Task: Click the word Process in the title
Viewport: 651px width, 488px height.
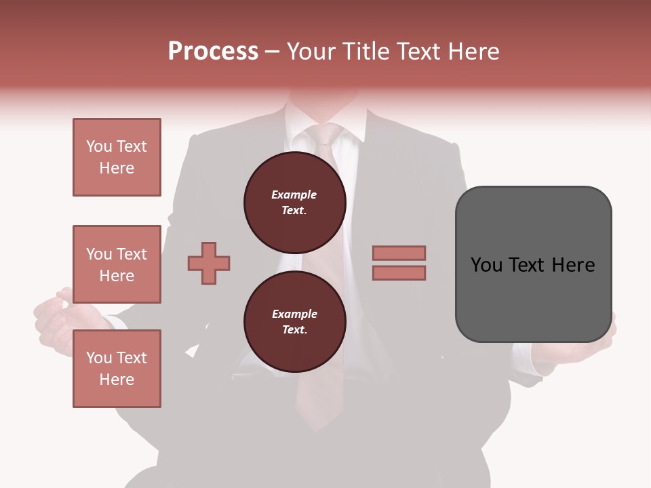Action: pos(213,52)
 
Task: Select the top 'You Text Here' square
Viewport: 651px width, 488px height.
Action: pos(117,157)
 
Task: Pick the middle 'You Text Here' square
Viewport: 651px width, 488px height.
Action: pos(117,264)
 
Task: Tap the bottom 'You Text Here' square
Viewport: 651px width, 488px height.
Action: pos(117,369)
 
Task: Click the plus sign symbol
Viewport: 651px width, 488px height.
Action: pos(209,263)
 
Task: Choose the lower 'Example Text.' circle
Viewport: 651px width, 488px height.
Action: pos(294,322)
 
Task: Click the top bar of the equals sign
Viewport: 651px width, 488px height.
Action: pos(399,253)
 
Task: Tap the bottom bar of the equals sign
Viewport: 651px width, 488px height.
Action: pos(399,272)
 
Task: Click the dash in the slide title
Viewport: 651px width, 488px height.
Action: pos(273,52)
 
